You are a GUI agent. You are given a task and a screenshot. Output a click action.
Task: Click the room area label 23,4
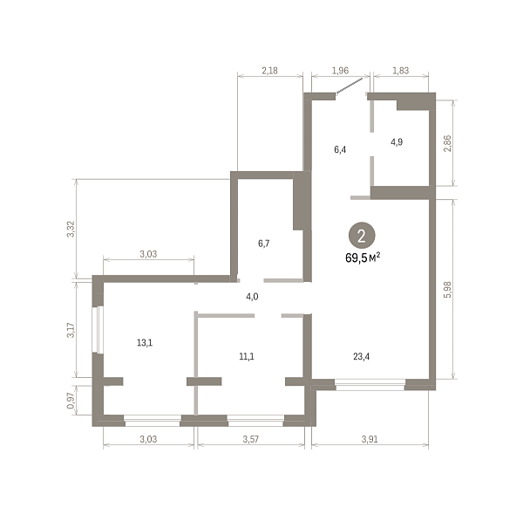click(361, 357)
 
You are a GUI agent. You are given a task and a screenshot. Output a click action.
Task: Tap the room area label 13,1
click(145, 342)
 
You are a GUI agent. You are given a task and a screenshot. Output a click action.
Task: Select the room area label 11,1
click(247, 357)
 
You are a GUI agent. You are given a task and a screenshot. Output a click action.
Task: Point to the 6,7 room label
click(263, 244)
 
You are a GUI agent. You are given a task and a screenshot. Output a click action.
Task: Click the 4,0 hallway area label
click(252, 297)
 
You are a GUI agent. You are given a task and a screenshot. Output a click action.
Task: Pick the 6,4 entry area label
click(340, 149)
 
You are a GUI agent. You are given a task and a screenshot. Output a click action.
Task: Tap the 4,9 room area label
click(397, 142)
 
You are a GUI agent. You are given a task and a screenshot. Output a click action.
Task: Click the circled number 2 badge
click(362, 236)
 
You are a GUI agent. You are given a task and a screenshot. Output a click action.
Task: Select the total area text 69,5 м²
click(363, 257)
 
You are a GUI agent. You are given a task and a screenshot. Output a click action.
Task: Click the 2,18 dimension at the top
click(269, 71)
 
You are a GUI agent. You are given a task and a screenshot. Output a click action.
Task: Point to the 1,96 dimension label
click(340, 71)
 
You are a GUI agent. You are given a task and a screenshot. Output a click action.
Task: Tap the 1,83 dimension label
click(401, 71)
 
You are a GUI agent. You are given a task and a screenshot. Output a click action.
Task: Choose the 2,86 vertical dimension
click(448, 143)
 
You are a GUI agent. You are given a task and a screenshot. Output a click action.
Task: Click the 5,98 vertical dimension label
click(448, 290)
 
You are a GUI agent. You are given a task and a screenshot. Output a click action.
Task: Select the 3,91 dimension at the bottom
click(370, 439)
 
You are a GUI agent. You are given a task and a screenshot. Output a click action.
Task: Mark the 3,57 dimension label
click(250, 439)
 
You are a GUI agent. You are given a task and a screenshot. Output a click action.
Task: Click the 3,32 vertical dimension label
click(71, 229)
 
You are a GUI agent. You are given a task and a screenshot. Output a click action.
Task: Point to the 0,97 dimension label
click(71, 401)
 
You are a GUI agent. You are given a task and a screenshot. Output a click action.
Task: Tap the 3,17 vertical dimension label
click(71, 330)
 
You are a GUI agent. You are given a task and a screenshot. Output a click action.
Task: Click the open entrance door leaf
click(350, 86)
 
